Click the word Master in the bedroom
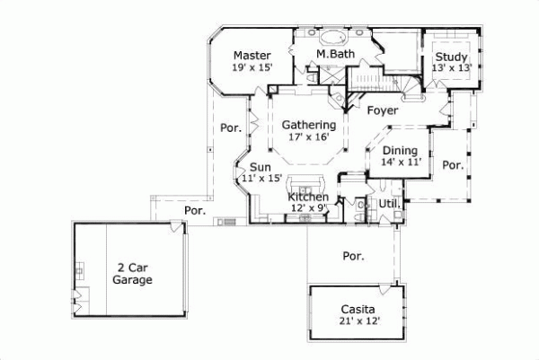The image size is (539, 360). click(x=251, y=54)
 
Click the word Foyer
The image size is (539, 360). click(x=382, y=110)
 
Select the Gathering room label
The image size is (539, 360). click(x=308, y=125)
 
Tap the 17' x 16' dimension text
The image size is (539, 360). click(x=308, y=137)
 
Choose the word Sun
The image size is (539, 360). click(x=261, y=167)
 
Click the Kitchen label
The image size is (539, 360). click(x=307, y=197)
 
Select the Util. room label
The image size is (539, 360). click(x=388, y=205)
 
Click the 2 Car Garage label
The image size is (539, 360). click(x=133, y=273)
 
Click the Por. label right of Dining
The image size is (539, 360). click(x=453, y=165)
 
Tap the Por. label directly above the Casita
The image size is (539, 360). click(x=353, y=256)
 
